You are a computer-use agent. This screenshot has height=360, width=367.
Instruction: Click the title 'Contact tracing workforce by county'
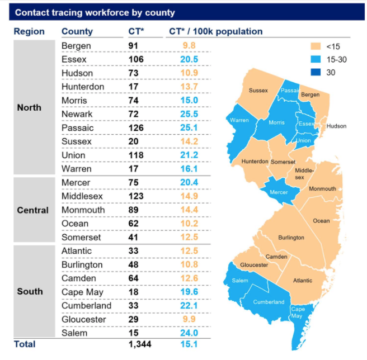95,12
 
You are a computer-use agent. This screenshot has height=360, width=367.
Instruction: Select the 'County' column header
77,31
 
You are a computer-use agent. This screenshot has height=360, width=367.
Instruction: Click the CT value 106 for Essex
135,59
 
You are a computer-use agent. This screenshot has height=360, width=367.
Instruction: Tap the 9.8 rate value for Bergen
190,46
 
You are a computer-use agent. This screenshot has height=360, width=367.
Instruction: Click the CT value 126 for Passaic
135,128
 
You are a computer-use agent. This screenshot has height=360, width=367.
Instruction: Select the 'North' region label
29,107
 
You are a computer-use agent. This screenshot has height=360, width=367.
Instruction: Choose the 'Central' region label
32,210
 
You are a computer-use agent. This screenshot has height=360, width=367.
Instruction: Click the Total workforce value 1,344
139,344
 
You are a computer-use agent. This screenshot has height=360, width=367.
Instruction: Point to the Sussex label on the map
258,90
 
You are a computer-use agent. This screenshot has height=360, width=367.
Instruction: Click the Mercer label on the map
278,192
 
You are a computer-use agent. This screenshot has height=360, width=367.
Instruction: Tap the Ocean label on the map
321,221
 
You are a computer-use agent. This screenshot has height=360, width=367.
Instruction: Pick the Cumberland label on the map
269,302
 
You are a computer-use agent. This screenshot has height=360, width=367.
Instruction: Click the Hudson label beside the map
337,126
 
